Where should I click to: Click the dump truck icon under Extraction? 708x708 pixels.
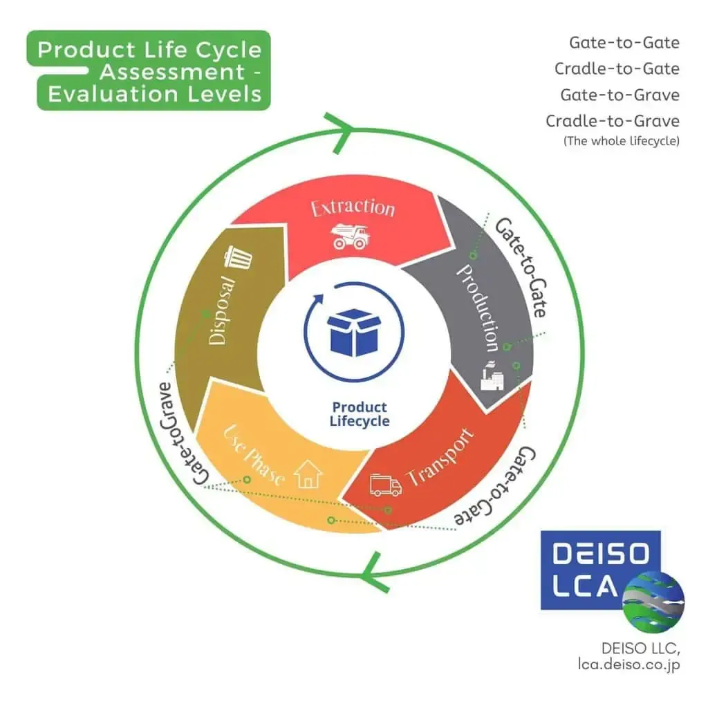click(351, 236)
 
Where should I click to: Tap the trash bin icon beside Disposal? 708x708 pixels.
click(239, 260)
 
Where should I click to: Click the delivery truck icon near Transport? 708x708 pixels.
click(385, 485)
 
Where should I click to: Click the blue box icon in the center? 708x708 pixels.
click(353, 331)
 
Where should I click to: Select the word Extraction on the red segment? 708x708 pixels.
click(353, 207)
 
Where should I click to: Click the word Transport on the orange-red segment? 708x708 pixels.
click(440, 459)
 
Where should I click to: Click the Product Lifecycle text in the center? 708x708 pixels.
click(360, 413)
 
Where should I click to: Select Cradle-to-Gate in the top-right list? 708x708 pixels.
click(617, 68)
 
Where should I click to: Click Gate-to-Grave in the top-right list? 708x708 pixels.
click(619, 95)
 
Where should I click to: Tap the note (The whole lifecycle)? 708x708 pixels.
click(621, 141)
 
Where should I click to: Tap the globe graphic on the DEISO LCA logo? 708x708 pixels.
click(653, 602)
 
